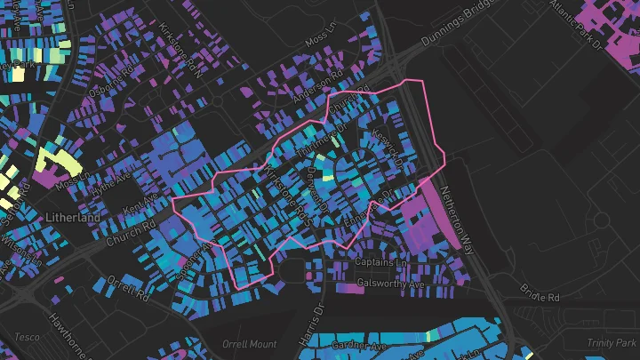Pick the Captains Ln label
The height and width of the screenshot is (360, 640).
(x=380, y=264)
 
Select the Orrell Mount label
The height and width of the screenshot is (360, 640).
(x=251, y=344)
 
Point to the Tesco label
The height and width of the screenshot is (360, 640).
(x=27, y=338)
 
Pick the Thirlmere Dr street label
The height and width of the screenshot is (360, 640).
(x=317, y=141)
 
